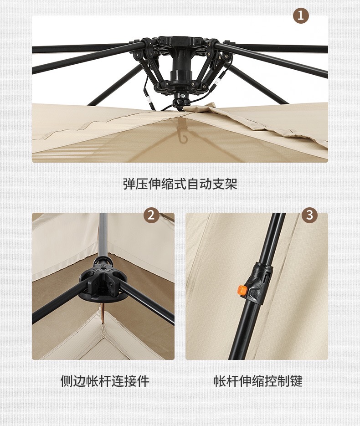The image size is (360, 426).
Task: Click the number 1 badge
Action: [301, 16]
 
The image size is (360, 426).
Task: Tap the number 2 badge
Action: [151, 216]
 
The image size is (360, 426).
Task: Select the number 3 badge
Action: [309, 216]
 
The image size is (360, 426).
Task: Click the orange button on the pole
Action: [242, 290]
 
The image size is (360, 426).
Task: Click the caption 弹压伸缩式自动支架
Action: [180, 184]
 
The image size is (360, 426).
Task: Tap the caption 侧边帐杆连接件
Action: [105, 381]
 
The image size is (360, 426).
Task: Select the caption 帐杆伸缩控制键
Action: [258, 381]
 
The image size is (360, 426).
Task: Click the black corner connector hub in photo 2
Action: [103, 282]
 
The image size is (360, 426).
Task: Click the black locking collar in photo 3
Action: [260, 282]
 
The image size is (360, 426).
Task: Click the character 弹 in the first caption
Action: [129, 184]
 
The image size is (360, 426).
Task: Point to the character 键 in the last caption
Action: [296, 381]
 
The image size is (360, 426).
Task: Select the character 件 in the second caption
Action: [143, 381]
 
